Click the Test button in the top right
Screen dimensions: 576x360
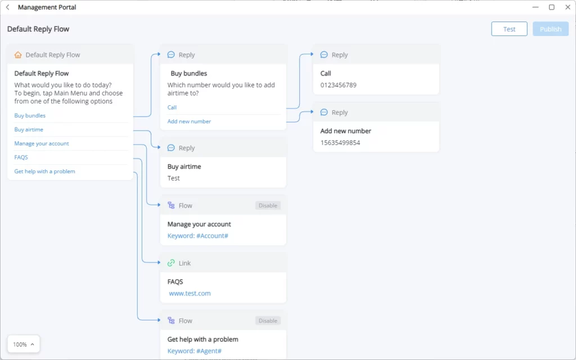(x=509, y=29)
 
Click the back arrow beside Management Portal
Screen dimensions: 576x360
(x=8, y=7)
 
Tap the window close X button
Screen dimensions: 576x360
(x=568, y=7)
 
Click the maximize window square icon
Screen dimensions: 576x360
(x=551, y=7)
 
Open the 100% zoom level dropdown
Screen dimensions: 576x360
(x=24, y=344)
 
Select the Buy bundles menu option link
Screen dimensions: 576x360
(x=30, y=115)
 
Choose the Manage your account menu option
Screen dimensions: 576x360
(x=42, y=143)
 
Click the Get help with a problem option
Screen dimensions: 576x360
(x=44, y=171)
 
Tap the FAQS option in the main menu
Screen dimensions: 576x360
(x=21, y=157)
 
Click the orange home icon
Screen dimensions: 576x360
(x=18, y=55)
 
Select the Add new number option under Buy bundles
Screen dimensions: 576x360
(x=189, y=121)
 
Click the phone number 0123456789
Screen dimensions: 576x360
(x=338, y=85)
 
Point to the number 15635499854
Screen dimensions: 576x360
(x=340, y=142)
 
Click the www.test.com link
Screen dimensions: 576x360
(x=190, y=293)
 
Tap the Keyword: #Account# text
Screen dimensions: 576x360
(x=197, y=236)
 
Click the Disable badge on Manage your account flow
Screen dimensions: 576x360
(x=268, y=205)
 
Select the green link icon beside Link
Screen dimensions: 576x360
(x=171, y=263)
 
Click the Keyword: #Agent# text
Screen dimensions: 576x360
(x=194, y=351)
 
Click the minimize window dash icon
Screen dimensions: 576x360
(x=535, y=7)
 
